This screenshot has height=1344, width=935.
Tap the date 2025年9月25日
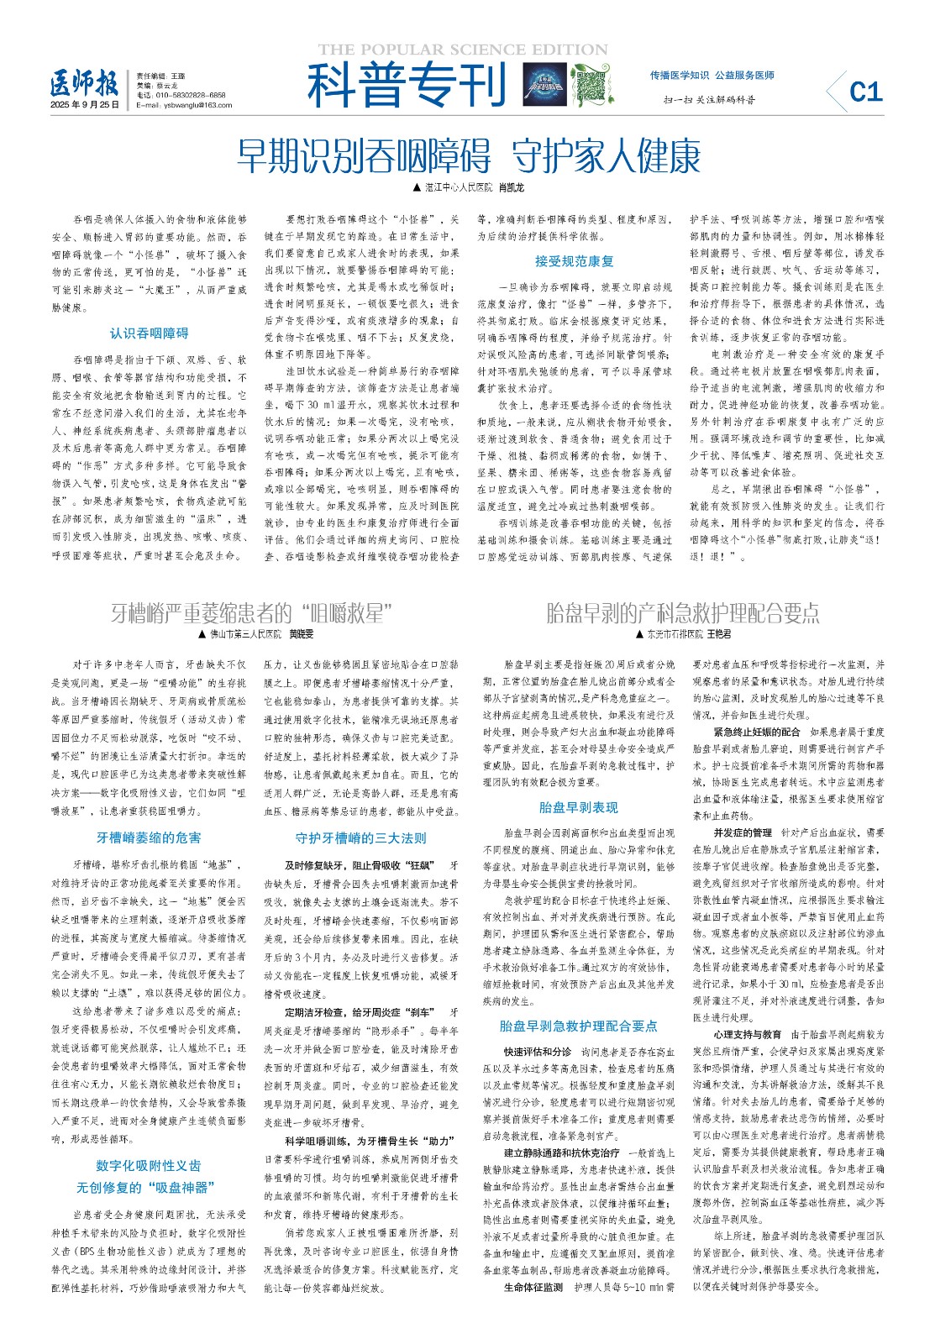tap(85, 105)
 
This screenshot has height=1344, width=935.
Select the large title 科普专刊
tap(407, 85)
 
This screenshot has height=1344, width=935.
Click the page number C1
tap(865, 91)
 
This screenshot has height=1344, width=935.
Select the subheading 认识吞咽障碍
tap(149, 333)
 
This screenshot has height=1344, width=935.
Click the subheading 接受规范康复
tap(574, 261)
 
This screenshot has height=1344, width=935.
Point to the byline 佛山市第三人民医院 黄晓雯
tap(256, 634)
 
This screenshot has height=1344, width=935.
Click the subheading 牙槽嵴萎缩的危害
tap(149, 837)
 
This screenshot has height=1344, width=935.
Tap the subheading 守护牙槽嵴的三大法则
tap(360, 837)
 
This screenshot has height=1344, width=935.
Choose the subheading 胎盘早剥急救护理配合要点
tap(578, 1026)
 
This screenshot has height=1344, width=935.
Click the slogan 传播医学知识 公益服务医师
tap(712, 76)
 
